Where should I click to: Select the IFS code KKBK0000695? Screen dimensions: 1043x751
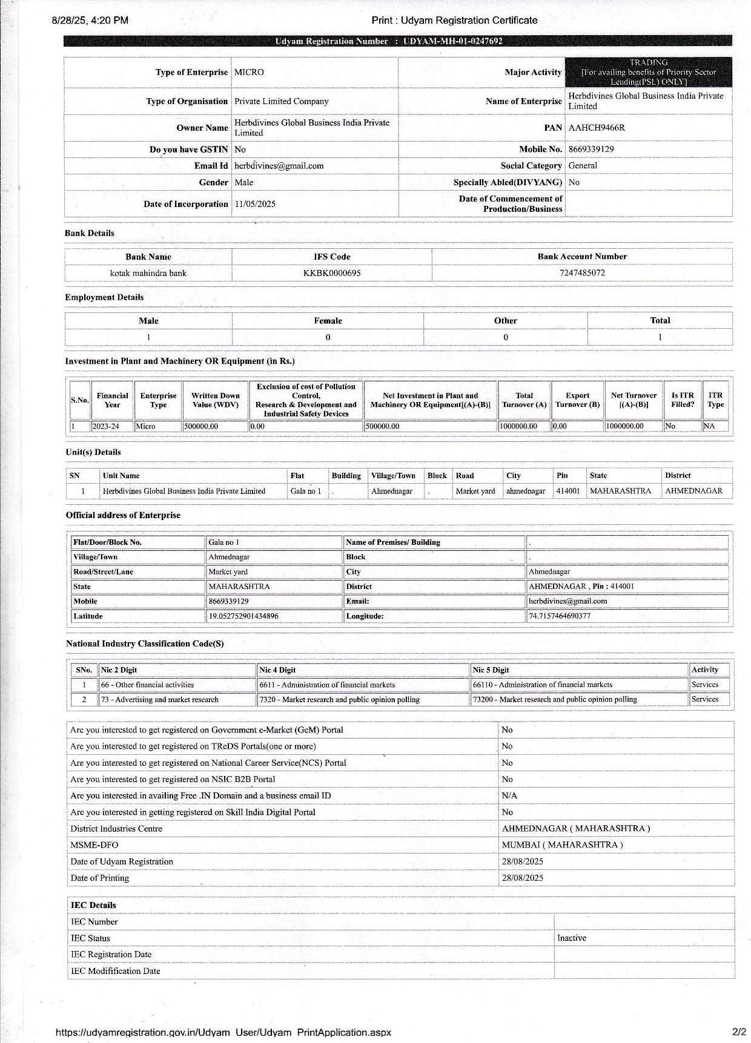(331, 273)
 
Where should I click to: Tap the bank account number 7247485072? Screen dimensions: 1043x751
(581, 272)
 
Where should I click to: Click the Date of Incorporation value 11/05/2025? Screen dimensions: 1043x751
(255, 204)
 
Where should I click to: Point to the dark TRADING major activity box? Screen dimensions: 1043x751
(648, 72)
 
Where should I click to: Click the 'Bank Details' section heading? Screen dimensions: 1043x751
(89, 233)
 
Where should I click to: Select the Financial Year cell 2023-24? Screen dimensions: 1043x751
(105, 426)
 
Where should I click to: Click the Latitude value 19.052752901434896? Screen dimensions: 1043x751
(243, 616)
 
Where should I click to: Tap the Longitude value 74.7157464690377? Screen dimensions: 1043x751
(559, 616)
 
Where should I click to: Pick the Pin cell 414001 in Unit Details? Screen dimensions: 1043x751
(567, 491)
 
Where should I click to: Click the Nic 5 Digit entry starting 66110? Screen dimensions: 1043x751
(542, 685)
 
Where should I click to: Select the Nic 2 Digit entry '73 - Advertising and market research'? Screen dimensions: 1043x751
(159, 699)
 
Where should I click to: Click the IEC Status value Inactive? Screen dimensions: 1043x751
(571, 938)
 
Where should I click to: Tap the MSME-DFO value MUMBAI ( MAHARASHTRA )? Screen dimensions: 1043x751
(561, 844)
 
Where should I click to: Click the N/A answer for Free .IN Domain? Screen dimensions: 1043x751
(509, 795)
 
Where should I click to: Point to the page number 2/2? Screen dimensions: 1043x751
(738, 1031)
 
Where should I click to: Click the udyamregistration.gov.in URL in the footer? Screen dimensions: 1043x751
(223, 1032)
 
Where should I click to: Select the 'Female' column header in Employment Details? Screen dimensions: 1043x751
(328, 321)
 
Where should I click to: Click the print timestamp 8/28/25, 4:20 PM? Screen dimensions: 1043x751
(90, 20)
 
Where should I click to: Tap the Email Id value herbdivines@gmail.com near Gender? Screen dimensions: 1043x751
(279, 166)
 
